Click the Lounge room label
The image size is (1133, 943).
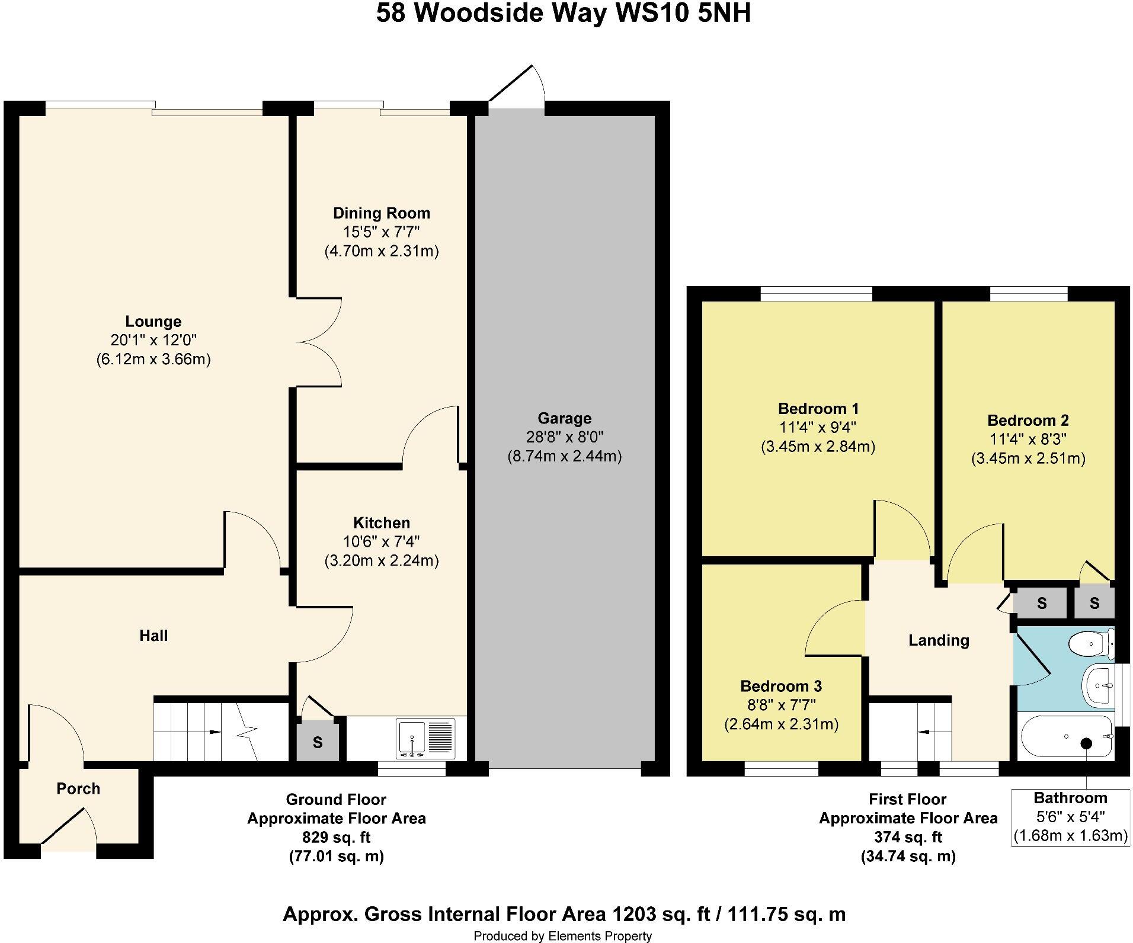pyautogui.click(x=153, y=322)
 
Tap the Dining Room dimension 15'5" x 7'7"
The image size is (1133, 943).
pyautogui.click(x=381, y=232)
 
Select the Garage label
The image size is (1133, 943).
pyautogui.click(x=564, y=419)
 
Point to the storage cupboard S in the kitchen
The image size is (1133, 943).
pyautogui.click(x=318, y=742)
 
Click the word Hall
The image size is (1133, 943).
pyautogui.click(x=153, y=636)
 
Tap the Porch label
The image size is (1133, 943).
pyautogui.click(x=78, y=788)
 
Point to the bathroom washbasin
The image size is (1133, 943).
pyautogui.click(x=1099, y=685)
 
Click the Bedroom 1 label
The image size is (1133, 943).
pyautogui.click(x=818, y=409)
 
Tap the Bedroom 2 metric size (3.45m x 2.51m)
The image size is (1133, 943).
pyautogui.click(x=1028, y=458)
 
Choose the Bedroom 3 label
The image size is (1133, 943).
pyautogui.click(x=780, y=687)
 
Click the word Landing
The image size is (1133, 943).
pyautogui.click(x=939, y=640)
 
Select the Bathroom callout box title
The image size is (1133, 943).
pyautogui.click(x=1070, y=798)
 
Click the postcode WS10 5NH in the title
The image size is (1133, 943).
pyautogui.click(x=683, y=13)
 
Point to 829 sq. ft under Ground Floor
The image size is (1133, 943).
pyautogui.click(x=336, y=838)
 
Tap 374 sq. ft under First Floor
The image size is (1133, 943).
pyautogui.click(x=908, y=838)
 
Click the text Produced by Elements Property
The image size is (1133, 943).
pyautogui.click(x=562, y=936)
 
